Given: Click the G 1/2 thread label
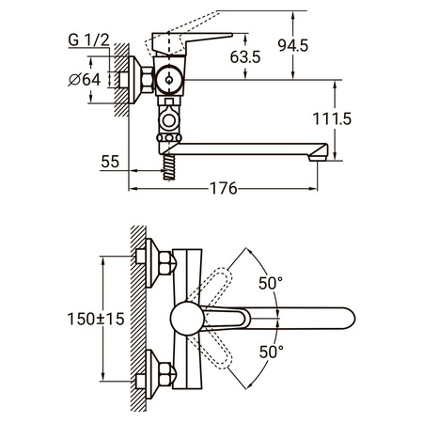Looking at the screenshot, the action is click(88, 40).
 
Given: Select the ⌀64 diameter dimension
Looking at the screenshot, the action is click(85, 80).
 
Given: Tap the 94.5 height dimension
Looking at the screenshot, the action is click(293, 46).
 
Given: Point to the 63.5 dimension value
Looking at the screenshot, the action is click(245, 57).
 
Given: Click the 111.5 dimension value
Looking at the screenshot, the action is click(332, 119).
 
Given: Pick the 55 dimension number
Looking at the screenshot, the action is click(110, 162).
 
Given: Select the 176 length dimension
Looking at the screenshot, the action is click(224, 189).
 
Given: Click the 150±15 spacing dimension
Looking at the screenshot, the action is click(96, 320).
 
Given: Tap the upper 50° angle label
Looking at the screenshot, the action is click(271, 284).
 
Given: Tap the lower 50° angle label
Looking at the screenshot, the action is click(272, 352).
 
